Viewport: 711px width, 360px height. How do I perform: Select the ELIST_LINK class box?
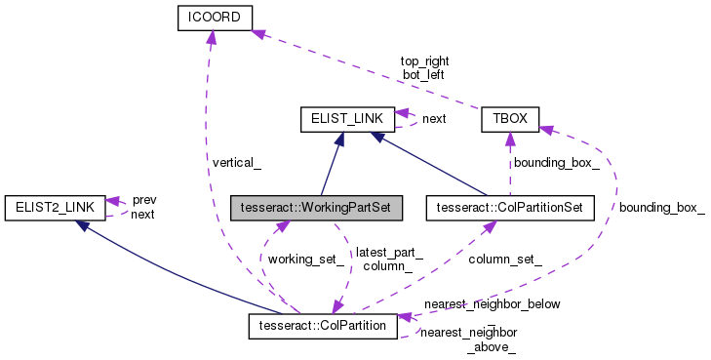[x=346, y=119]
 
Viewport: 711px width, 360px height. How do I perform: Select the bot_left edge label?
[x=423, y=74]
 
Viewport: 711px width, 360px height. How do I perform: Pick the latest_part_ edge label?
[x=389, y=253]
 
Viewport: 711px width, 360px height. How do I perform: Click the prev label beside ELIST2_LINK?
[x=143, y=199]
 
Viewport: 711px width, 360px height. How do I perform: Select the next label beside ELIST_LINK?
[x=434, y=118]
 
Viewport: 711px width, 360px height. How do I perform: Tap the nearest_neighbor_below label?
[x=492, y=303]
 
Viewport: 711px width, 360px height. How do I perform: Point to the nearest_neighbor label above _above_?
[x=468, y=334]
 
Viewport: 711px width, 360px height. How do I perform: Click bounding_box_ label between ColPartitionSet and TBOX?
[x=556, y=162]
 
